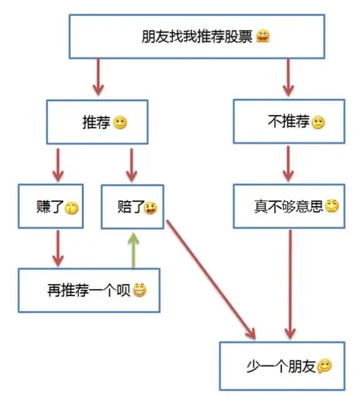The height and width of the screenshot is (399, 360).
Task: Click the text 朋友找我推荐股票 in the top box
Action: coord(196,36)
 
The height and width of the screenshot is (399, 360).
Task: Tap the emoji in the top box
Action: coord(263,37)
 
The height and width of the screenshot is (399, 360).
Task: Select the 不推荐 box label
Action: coord(288,122)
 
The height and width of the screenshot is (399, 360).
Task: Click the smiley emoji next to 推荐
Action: coord(121,123)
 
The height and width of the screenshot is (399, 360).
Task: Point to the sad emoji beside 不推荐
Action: coord(319,123)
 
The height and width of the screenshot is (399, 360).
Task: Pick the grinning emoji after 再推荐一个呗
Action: coord(139,290)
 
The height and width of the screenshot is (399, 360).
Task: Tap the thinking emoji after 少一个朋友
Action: coord(324,367)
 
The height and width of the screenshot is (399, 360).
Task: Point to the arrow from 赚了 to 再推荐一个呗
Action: coord(58,248)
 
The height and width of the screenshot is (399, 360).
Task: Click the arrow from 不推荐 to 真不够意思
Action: coord(288,164)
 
